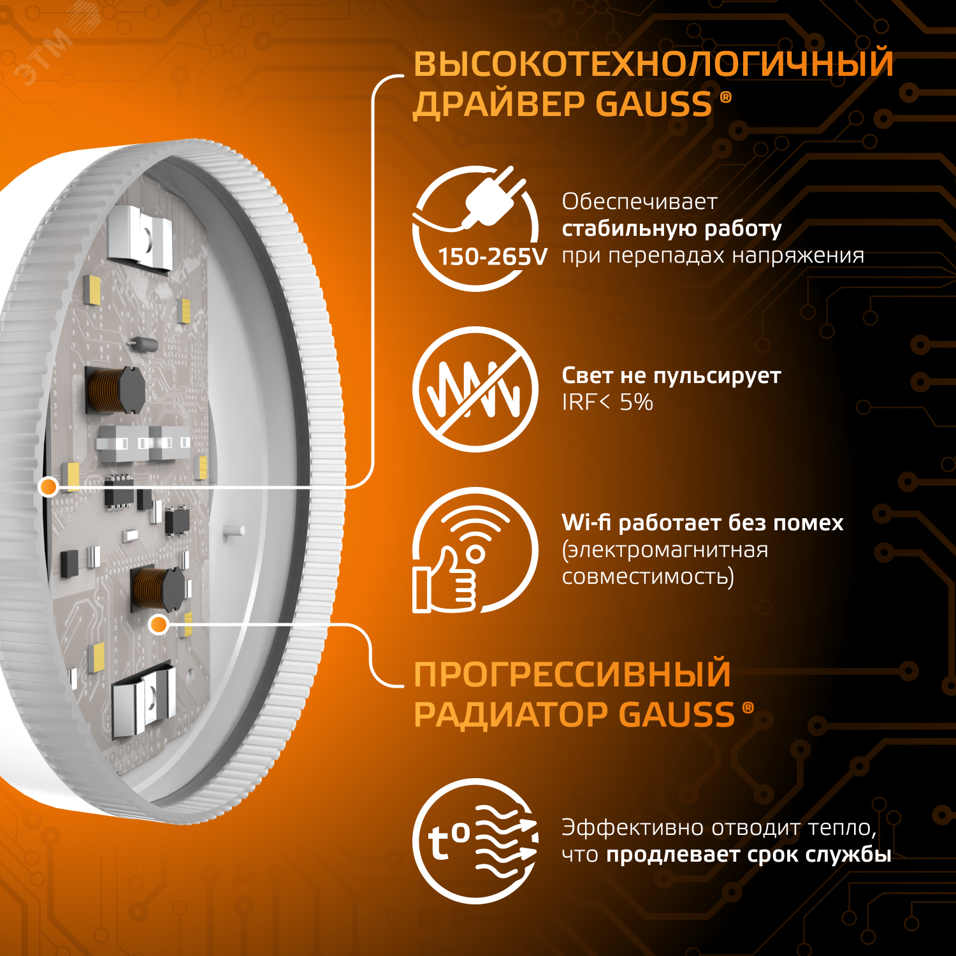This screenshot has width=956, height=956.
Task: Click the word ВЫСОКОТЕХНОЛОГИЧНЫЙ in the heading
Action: (x=653, y=64)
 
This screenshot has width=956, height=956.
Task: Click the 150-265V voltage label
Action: (x=492, y=257)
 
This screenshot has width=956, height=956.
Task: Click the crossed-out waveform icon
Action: (x=475, y=389)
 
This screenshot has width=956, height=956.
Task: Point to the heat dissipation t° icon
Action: (x=475, y=841)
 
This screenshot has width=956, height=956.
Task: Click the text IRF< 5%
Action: (x=607, y=402)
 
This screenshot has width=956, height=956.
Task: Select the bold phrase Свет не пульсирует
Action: (x=670, y=375)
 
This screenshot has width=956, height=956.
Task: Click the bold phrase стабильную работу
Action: (x=671, y=228)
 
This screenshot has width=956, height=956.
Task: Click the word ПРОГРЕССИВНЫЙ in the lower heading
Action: (x=572, y=674)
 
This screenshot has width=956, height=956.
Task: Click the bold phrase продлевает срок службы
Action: (x=748, y=855)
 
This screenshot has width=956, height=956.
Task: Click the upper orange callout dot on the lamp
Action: (x=48, y=487)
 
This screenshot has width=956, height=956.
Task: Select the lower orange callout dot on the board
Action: (x=158, y=625)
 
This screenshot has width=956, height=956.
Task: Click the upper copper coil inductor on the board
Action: (x=115, y=388)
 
